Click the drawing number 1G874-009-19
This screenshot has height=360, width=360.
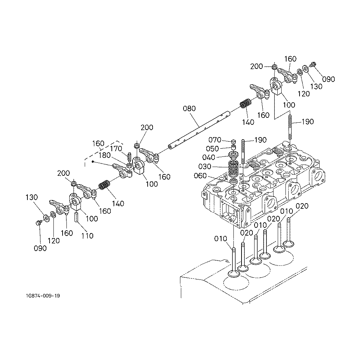43,296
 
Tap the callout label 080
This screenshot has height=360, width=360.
189,108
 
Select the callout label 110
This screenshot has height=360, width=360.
88,236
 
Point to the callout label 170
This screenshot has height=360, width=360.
116,149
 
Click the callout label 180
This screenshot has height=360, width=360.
104,155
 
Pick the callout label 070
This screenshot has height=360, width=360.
215,140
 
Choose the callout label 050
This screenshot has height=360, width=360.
212,149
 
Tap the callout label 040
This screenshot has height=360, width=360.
209,157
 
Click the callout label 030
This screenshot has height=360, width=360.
205,166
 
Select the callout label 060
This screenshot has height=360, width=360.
200,176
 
